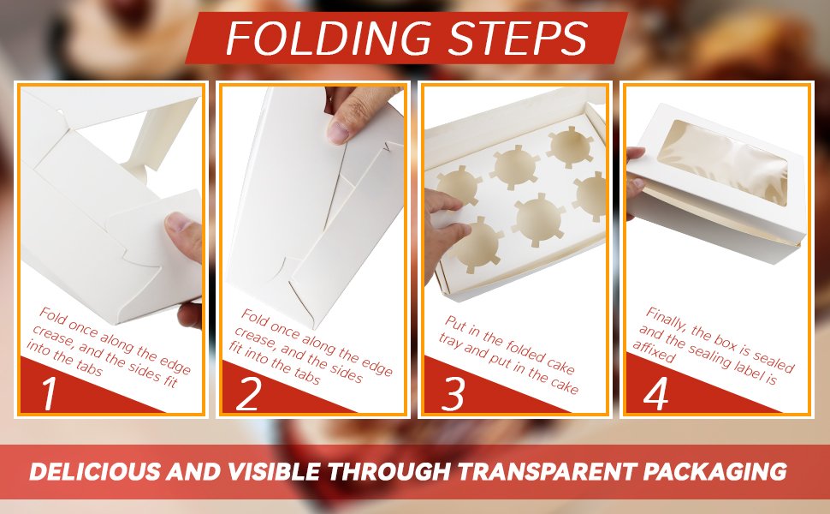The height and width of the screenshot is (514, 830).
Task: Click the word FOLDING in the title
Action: [x=329, y=39]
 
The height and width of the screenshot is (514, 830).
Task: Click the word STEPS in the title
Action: [x=517, y=39]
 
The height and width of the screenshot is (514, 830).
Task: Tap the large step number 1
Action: [x=50, y=393]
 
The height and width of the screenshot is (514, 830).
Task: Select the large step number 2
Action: [x=248, y=393]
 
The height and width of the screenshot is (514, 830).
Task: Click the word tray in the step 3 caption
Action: [x=450, y=343]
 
